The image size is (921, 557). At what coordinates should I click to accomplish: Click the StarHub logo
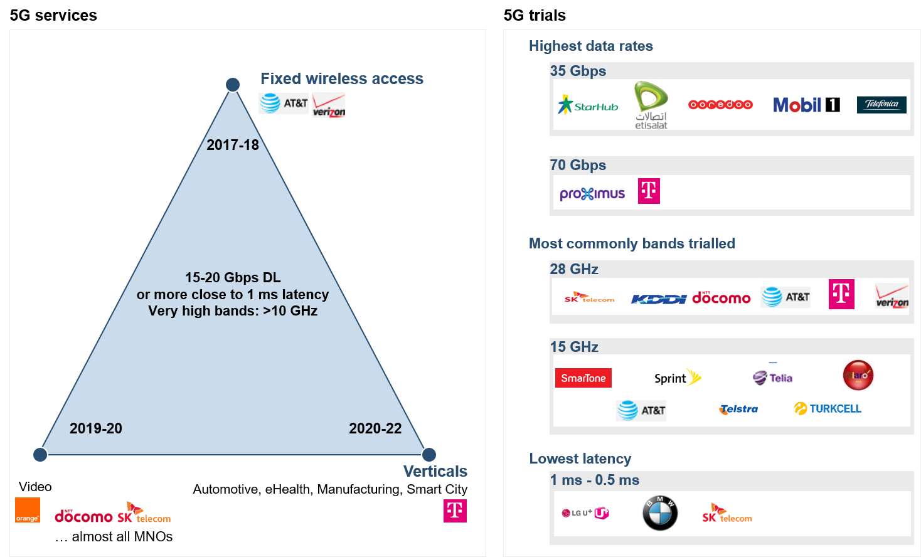(x=588, y=105)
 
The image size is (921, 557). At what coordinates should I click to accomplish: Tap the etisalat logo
(x=651, y=105)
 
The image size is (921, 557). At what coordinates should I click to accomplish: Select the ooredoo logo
(x=720, y=105)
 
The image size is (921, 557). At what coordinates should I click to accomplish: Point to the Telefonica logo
(x=881, y=104)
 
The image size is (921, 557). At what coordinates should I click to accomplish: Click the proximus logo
(x=592, y=193)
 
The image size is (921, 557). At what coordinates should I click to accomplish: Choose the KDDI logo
(x=659, y=299)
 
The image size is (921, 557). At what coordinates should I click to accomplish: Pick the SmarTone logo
(x=583, y=378)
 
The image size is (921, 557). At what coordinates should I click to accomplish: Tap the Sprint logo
(x=677, y=378)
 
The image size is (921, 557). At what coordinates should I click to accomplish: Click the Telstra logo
(x=738, y=409)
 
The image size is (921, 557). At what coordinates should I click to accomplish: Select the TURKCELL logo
(x=828, y=408)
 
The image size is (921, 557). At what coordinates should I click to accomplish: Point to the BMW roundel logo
(x=660, y=513)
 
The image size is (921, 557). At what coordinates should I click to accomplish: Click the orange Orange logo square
(x=28, y=510)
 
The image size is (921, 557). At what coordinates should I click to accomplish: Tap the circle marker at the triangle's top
(x=233, y=85)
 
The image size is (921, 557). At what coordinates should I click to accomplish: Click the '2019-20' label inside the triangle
(x=96, y=428)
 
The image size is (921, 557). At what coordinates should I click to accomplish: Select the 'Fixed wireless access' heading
(x=342, y=78)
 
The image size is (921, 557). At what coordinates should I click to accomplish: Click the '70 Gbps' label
(x=578, y=165)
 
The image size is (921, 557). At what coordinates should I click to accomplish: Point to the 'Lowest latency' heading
(x=580, y=459)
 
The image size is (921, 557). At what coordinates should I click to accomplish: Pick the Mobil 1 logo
(x=806, y=105)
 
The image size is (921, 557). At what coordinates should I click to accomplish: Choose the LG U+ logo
(x=585, y=513)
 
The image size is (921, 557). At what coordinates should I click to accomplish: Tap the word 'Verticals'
(x=435, y=471)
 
